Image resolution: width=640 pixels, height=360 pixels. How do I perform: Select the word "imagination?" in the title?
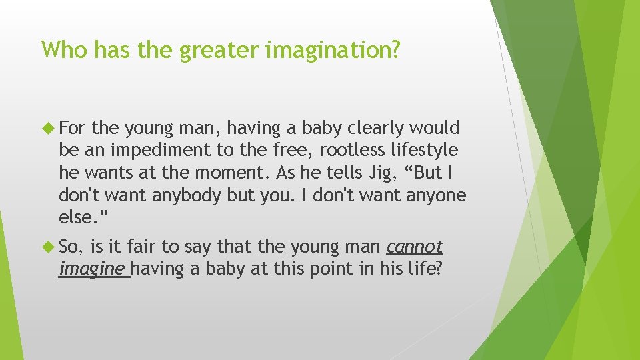[333, 50]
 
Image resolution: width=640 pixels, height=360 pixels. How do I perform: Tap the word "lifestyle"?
[425, 150]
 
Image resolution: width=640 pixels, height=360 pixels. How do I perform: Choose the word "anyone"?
[433, 195]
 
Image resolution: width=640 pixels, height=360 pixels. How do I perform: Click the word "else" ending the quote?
[74, 218]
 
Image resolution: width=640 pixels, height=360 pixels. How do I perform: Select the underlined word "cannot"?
[415, 247]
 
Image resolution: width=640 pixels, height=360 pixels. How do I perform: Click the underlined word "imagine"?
[93, 269]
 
